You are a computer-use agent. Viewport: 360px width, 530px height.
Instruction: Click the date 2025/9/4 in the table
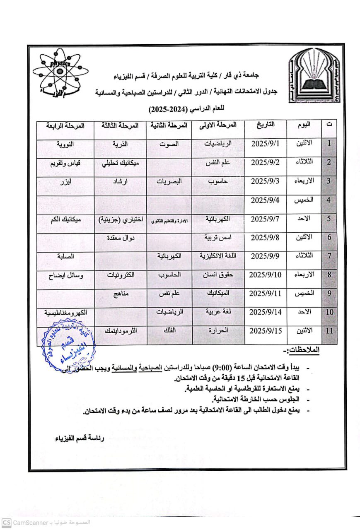coord(266,200)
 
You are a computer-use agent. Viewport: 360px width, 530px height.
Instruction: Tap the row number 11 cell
coord(329,331)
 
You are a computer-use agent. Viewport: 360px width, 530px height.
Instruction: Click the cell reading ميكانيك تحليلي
coord(121,163)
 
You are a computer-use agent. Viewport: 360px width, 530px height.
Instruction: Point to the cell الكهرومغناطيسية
coord(66,312)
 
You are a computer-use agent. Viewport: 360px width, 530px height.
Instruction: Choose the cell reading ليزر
coord(66,181)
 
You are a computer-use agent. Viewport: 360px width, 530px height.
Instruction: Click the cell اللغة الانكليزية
coord(218,256)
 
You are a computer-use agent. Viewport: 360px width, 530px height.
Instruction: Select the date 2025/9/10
coord(266,275)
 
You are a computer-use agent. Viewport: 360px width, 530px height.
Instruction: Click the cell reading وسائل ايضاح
coord(66,275)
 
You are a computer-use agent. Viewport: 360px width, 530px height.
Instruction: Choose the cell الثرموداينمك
coord(121,331)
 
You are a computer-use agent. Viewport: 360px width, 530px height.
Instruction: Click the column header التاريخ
coord(266,124)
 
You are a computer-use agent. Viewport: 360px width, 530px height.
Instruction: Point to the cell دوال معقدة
coord(121,238)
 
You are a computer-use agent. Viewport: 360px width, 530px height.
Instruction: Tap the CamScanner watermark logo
coord(6,523)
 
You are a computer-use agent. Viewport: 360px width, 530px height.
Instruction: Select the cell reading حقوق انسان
coord(218,275)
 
